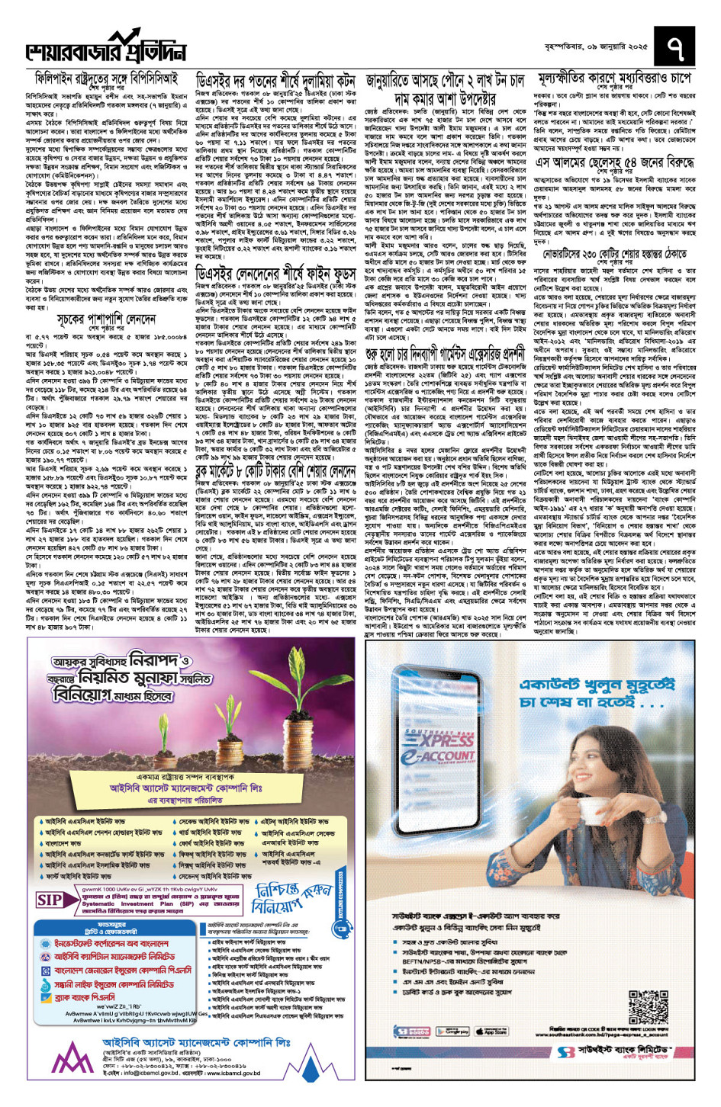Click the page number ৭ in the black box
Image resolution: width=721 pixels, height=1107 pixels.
[x=674, y=47]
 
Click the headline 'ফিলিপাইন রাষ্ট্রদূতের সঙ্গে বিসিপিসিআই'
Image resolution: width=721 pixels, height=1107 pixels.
[x=106, y=79]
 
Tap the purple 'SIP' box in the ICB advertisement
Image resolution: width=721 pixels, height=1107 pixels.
[x=50, y=900]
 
